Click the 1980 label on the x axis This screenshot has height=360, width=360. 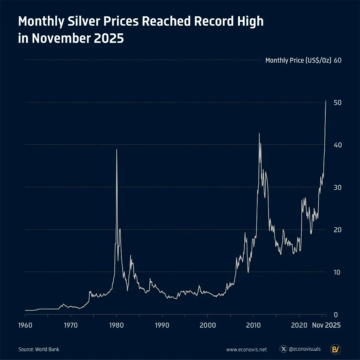point(116,325)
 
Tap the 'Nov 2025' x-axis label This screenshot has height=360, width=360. point(326,325)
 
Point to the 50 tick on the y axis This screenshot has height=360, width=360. point(337,103)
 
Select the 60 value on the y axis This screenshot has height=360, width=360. point(337,60)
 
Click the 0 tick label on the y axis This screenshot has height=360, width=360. point(336,315)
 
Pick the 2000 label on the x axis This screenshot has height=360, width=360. point(208,325)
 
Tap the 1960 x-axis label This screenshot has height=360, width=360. point(25,325)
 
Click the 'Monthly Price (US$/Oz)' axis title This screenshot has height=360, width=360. point(298,60)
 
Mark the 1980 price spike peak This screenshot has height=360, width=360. point(117,150)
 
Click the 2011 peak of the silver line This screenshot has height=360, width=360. point(259,133)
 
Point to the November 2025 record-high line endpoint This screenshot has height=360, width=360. point(326,101)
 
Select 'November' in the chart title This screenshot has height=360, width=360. point(61,38)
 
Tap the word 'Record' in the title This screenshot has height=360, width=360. point(214,21)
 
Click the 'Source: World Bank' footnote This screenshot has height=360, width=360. point(39,349)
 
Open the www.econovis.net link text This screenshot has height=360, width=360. point(246,350)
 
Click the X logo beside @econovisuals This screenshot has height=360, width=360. point(284,349)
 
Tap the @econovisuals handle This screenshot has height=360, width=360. point(305,349)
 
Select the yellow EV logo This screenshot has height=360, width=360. point(335,349)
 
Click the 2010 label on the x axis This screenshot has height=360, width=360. point(253,325)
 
